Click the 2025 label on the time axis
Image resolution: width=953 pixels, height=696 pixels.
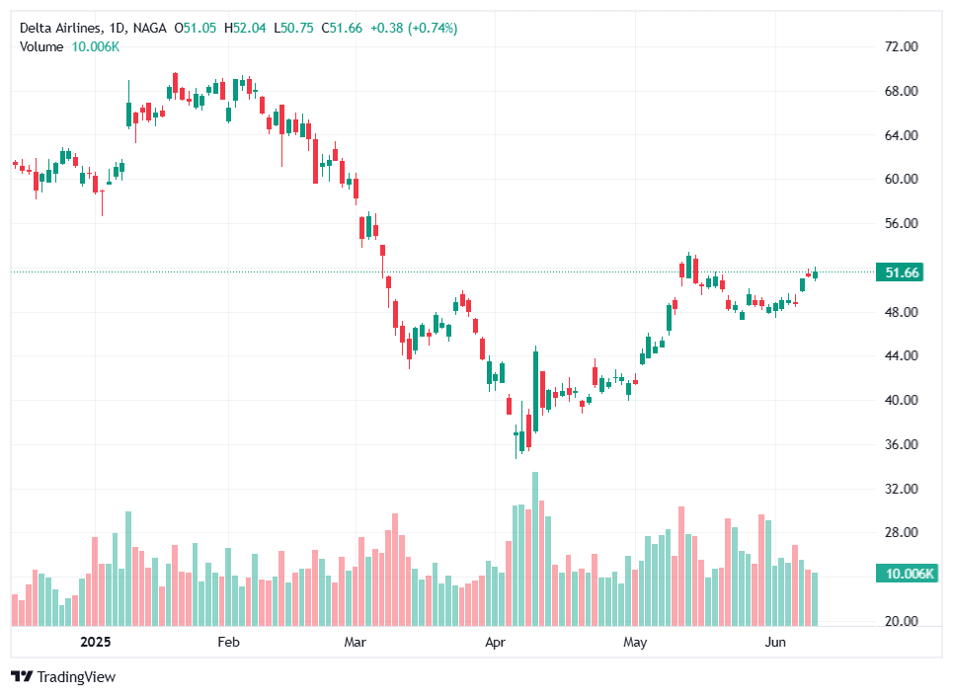[x=95, y=643]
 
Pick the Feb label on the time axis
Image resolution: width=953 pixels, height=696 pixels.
[x=228, y=643]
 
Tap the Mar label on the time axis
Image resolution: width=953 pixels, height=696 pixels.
[x=356, y=643]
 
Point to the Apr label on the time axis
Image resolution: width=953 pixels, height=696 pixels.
[x=496, y=643]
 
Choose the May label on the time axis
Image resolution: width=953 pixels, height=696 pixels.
[x=635, y=643]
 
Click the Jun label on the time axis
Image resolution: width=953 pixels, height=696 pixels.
[x=775, y=643]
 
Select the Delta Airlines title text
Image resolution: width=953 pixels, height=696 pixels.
[x=61, y=29]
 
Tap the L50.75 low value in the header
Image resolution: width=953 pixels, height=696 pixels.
[x=291, y=29]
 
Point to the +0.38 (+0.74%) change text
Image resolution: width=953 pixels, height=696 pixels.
[x=414, y=29]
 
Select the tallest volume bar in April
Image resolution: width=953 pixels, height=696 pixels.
[x=535, y=548]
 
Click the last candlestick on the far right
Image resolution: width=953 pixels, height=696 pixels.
[x=815, y=273]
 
